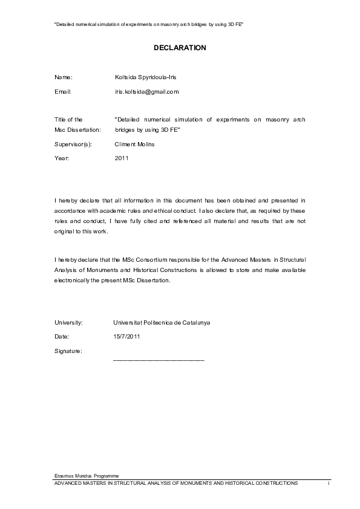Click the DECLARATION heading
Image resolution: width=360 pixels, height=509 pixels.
click(x=180, y=47)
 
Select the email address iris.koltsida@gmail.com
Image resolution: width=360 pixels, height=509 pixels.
click(x=147, y=92)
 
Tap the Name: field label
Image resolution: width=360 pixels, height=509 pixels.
click(x=64, y=77)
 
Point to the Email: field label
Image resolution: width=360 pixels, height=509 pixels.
click(x=63, y=92)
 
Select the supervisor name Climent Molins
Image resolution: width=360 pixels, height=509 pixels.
click(x=134, y=144)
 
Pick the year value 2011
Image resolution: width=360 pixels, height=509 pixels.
click(x=121, y=158)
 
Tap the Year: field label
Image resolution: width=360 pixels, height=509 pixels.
click(x=62, y=158)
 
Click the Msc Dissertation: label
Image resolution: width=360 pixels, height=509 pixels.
click(x=77, y=130)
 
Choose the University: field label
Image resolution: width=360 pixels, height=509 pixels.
click(x=68, y=323)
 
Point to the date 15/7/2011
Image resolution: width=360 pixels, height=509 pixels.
click(x=126, y=336)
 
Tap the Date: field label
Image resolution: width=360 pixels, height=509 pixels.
click(x=62, y=336)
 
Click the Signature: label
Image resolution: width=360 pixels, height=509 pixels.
click(x=68, y=351)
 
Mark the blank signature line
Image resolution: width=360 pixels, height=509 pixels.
click(x=159, y=360)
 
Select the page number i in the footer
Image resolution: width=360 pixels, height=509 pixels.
click(x=329, y=484)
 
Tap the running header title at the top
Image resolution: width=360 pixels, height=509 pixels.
click(x=149, y=25)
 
